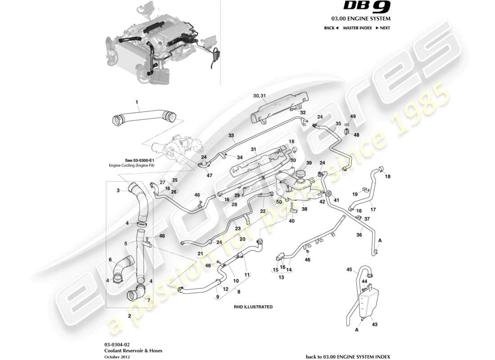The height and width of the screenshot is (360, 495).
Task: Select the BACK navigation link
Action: [x=331, y=28]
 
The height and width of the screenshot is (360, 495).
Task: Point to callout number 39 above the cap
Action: [x=309, y=163]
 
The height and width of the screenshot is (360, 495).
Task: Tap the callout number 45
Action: [x=349, y=270]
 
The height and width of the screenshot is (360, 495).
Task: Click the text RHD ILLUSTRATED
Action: [x=253, y=306]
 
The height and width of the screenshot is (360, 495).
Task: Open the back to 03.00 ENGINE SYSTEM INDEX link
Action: [x=348, y=356]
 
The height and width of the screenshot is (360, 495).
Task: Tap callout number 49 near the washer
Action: [x=353, y=117]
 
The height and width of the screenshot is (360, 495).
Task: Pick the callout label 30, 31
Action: [x=260, y=96]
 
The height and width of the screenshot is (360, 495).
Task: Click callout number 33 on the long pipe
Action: [x=231, y=135]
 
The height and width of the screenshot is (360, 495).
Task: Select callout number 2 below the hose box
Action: [x=130, y=316]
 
